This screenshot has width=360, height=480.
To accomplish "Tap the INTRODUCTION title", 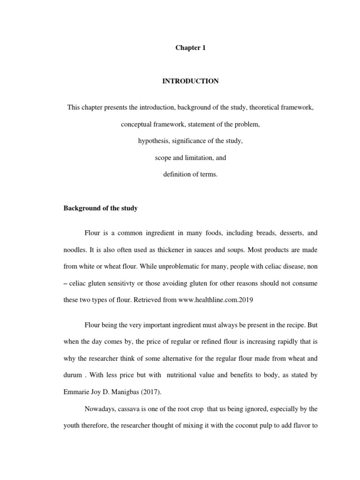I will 190,81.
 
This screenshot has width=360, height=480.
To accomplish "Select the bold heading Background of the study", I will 100,208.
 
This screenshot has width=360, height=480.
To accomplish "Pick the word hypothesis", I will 153,141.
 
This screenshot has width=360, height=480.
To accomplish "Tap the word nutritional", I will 193,375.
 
